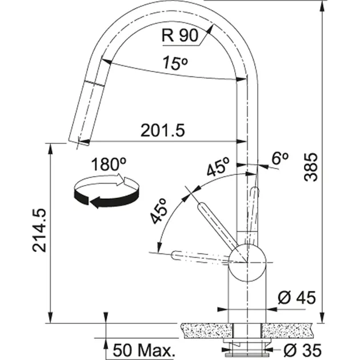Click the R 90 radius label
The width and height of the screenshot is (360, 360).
pos(180,35)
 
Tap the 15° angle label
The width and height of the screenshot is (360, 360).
pos(175,63)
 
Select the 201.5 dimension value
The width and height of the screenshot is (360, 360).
pos(162,130)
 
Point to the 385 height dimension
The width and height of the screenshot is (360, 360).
pos(311,167)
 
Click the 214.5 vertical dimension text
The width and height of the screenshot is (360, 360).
pos(39,230)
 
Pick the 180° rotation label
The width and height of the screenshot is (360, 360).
pos(109,164)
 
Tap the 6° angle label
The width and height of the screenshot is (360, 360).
pos(279,158)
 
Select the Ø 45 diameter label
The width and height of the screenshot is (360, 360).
pos(297,298)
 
